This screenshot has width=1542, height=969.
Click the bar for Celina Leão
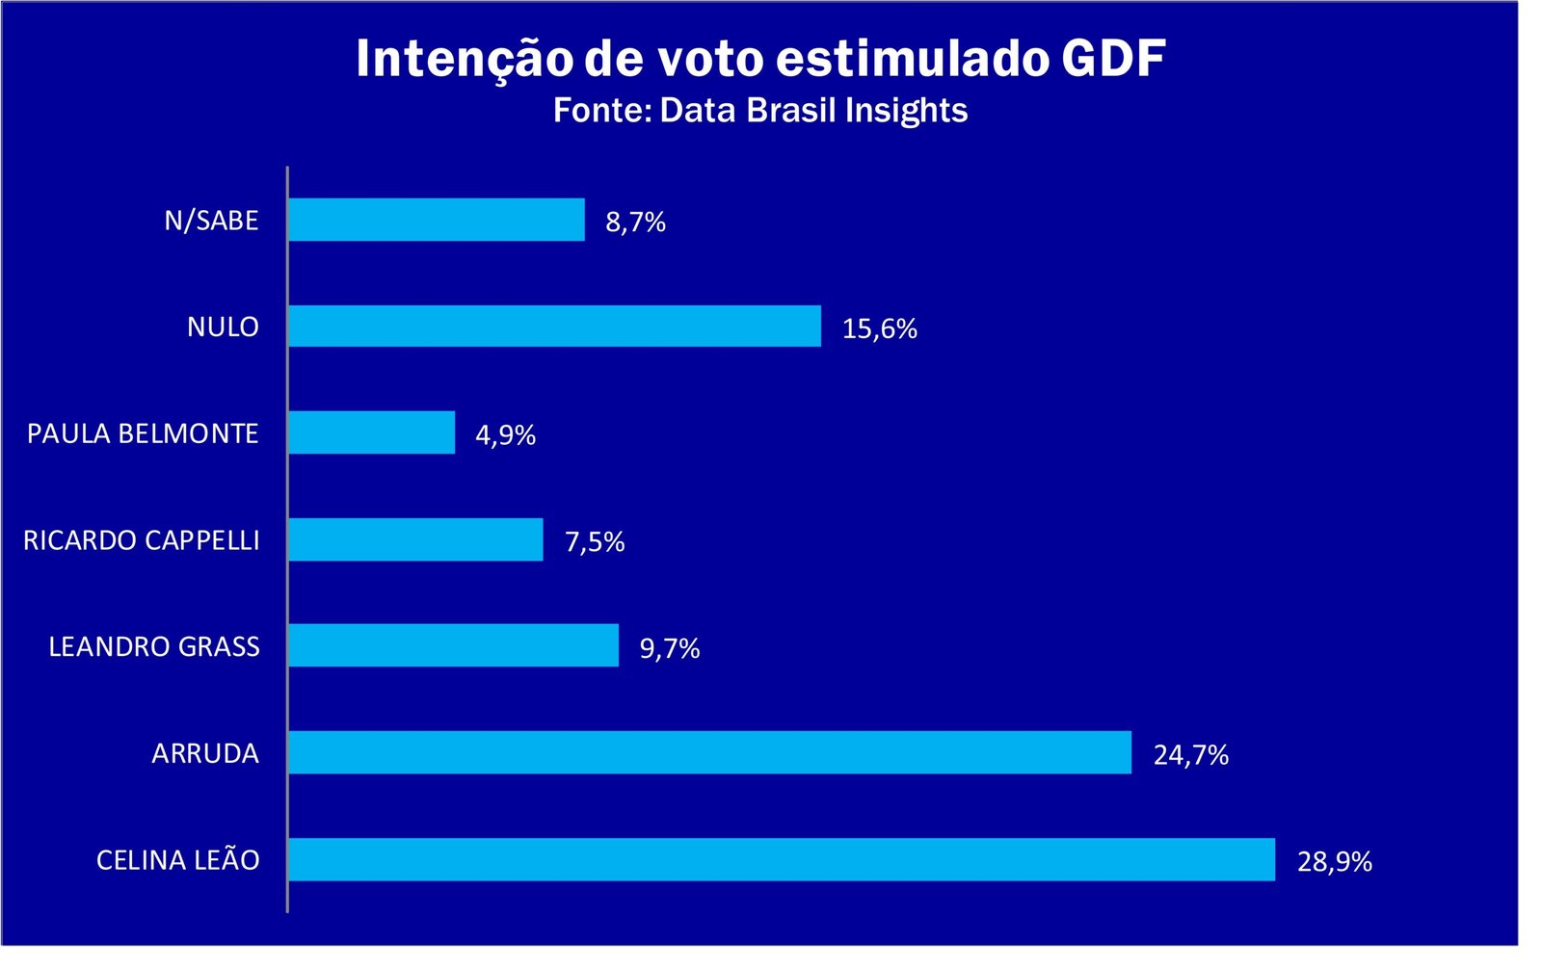coord(781,859)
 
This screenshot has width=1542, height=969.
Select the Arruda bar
coord(709,752)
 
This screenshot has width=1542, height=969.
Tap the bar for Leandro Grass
coord(453,645)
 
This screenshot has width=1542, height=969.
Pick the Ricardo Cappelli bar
coord(415,539)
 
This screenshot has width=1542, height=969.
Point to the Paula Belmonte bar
coord(371,432)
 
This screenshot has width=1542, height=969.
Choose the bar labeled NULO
coord(554,326)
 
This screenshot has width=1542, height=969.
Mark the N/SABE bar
coord(436,220)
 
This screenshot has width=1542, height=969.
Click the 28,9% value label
coord(1334,861)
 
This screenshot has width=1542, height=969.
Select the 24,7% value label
coord(1190,754)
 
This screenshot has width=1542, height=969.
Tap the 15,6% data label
coord(879,328)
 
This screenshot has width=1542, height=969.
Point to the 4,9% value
coord(505,434)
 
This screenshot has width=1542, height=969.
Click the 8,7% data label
coord(635,222)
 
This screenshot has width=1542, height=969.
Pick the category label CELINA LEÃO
coord(178,859)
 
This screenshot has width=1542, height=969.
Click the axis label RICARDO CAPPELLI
coord(142,539)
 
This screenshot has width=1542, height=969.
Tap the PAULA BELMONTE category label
coord(143,432)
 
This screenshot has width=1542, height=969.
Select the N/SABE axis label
coord(211,220)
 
